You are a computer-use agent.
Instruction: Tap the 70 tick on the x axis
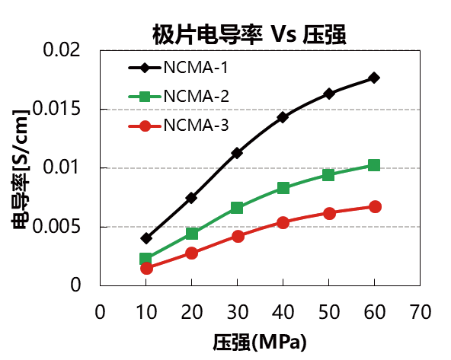coord(420,312)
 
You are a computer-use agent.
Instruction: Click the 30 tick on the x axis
coord(237,312)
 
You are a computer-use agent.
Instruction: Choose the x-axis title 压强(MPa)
coord(260,339)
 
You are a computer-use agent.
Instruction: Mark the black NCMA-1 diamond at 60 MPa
coord(374,78)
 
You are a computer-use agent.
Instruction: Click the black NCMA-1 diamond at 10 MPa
coord(146,238)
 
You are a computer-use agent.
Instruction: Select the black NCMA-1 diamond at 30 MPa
coord(237,153)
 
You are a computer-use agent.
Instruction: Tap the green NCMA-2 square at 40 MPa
coord(283,188)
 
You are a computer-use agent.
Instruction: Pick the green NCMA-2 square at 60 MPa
coord(374,165)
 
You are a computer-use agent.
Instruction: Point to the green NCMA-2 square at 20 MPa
coord(192,234)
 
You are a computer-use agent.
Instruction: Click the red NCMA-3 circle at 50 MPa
coord(328,213)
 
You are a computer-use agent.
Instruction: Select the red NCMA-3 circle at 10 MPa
coord(146,268)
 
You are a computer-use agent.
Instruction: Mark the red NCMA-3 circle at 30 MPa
coord(237,236)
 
